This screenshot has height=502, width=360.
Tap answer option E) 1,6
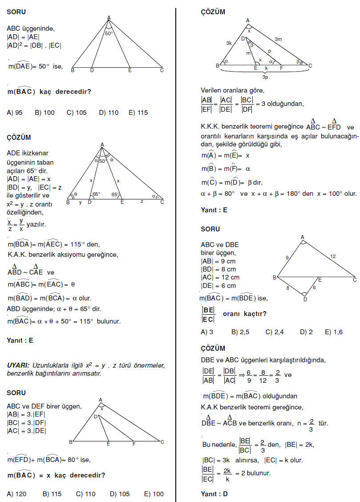[x=334, y=332]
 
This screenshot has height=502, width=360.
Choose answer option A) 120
[x=16, y=494]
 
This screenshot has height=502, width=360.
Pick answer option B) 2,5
[x=241, y=332]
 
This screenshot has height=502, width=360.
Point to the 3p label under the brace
[x=265, y=77]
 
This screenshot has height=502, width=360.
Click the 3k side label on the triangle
[x=229, y=43]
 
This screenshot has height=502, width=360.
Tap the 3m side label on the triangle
[x=278, y=39]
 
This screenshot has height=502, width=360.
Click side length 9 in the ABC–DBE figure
[x=287, y=257]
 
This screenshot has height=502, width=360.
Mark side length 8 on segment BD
[x=287, y=288]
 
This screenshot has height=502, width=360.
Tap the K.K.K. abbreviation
[x=210, y=126]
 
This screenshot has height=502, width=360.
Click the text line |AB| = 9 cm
[x=218, y=261]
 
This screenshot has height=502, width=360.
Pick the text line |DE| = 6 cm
[x=218, y=286]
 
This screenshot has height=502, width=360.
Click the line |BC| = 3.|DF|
[x=26, y=422]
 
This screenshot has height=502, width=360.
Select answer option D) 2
[x=306, y=332]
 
